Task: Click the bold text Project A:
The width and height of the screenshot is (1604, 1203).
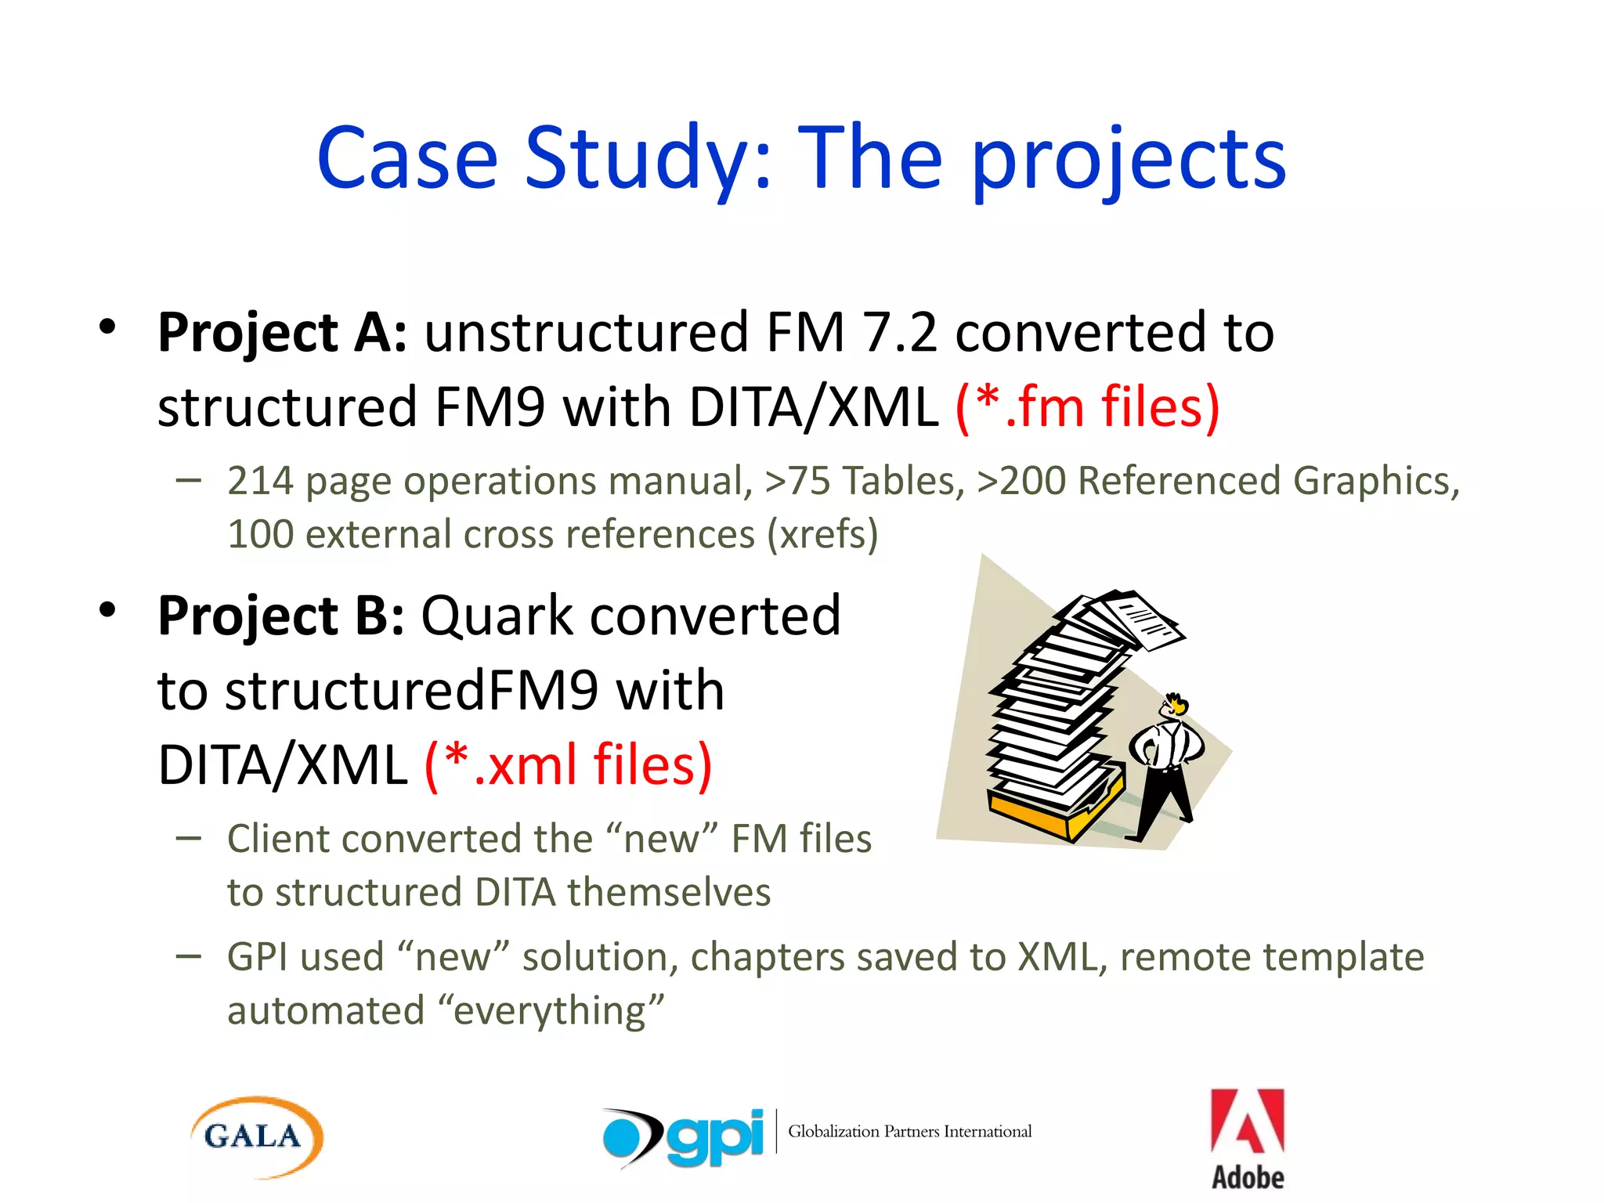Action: (x=282, y=333)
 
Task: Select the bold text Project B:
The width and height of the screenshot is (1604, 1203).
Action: (x=280, y=616)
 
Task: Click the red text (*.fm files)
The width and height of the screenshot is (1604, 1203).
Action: (x=1087, y=407)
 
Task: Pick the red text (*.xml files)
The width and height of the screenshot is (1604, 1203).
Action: (x=568, y=765)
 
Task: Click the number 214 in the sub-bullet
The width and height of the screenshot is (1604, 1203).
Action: (x=260, y=481)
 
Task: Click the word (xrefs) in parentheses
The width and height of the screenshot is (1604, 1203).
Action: (x=822, y=535)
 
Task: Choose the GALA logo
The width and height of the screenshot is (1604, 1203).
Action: (x=256, y=1136)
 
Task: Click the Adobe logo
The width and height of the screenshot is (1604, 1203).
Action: (x=1248, y=1139)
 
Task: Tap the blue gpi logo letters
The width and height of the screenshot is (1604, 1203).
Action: (x=714, y=1137)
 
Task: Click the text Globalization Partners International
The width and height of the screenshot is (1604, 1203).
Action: (x=909, y=1132)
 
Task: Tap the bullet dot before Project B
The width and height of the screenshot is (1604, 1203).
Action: (x=108, y=609)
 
